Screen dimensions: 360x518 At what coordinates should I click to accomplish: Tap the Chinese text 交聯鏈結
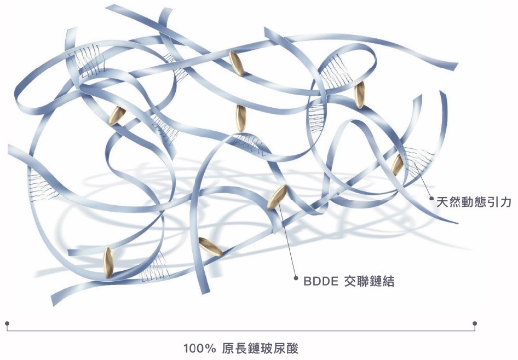pyautogui.click(x=370, y=282)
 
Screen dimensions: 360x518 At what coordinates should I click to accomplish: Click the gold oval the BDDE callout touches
pyautogui.click(x=277, y=198)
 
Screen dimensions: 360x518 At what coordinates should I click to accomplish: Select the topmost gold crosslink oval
pyautogui.click(x=236, y=63)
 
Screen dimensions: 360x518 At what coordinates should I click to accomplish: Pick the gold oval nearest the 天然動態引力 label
pyautogui.click(x=398, y=162)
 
